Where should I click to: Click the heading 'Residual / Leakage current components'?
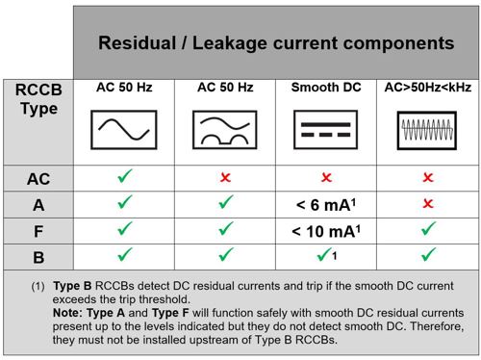[276, 43]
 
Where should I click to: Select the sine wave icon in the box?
[124, 130]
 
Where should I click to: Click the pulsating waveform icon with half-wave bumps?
[225, 130]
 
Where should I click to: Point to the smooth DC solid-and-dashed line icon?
[325, 130]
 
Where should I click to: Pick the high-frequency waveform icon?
[427, 130]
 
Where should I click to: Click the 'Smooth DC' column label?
[326, 88]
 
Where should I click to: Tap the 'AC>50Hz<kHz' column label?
[428, 88]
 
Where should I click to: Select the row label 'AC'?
[38, 179]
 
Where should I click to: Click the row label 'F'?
[38, 231]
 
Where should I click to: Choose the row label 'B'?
[38, 257]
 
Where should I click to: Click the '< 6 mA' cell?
[326, 205]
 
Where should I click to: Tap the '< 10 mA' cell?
[326, 231]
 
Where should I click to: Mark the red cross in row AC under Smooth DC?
[326, 177]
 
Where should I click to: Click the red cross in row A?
[428, 203]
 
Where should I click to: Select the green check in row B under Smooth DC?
[323, 254]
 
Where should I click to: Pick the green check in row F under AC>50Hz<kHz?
[428, 228]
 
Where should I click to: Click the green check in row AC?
[124, 176]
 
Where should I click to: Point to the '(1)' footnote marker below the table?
[38, 286]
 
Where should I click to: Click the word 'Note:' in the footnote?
[67, 313]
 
